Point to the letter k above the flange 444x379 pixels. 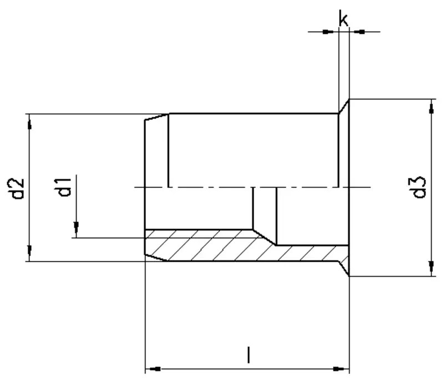344,20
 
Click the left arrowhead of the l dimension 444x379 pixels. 152,368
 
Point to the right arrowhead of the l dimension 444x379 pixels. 342,368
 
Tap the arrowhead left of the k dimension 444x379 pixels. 331,32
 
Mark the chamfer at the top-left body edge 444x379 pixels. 157,117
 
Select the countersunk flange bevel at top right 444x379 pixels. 344,106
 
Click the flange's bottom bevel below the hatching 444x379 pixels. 344,268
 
